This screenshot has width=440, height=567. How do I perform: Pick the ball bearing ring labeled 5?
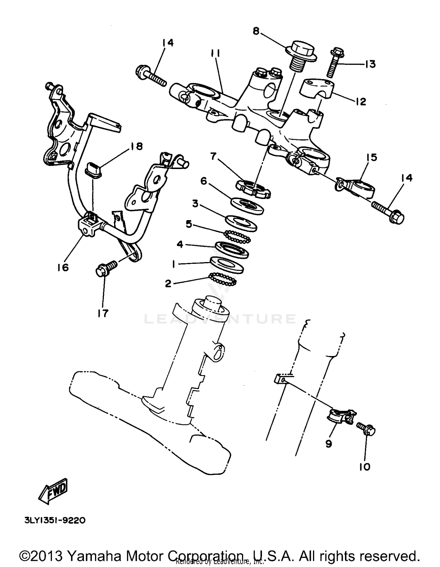237,237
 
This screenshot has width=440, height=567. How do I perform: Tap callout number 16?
63,267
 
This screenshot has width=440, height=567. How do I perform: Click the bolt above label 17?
106,268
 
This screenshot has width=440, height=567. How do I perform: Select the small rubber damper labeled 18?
93,171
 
